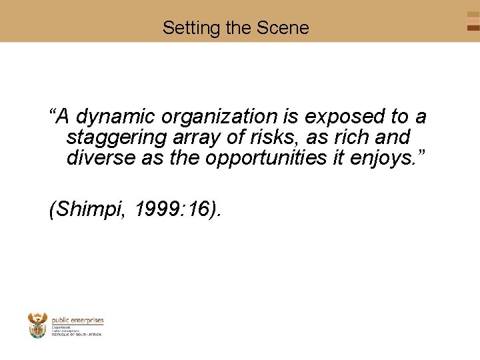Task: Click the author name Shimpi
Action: pos(90,209)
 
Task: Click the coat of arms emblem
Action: pos(37,325)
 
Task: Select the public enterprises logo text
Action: pos(77,320)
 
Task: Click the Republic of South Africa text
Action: pos(76,334)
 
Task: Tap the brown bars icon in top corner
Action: pos(473,21)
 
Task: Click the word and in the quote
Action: pos(394,138)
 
